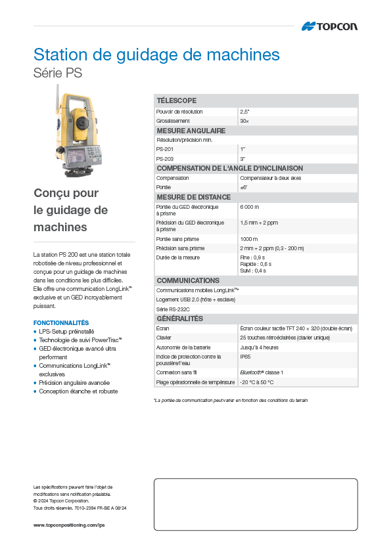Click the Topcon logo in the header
[329, 26]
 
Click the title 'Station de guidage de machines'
[156, 54]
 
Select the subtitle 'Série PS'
[58, 74]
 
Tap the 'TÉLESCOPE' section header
[176, 100]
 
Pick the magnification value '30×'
[244, 122]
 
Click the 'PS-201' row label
[164, 150]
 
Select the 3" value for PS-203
[242, 159]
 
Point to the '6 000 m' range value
[250, 207]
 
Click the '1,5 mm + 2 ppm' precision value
[259, 223]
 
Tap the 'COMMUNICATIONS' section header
[188, 280]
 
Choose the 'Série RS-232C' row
[173, 309]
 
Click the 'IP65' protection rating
[245, 357]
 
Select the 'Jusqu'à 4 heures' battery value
[259, 347]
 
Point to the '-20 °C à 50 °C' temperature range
[256, 382]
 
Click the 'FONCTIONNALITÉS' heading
[61, 323]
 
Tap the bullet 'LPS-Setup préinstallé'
[66, 332]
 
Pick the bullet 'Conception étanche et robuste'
[78, 391]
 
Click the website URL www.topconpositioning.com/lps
[69, 525]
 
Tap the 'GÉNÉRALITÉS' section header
[180, 319]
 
